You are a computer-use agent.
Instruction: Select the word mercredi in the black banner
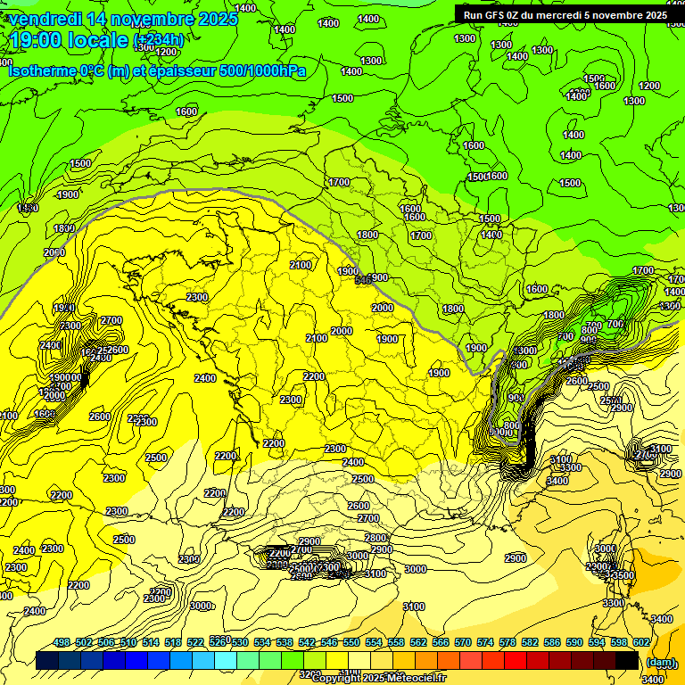coord(577,14)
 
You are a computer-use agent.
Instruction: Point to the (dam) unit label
coord(660,662)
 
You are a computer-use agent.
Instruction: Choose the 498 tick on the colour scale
coord(62,643)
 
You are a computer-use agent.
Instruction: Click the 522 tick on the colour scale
coord(196,643)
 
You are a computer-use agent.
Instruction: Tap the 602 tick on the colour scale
coord(641,643)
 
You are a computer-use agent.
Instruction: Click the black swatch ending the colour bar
coord(627,661)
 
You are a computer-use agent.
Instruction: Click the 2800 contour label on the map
coord(376,538)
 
